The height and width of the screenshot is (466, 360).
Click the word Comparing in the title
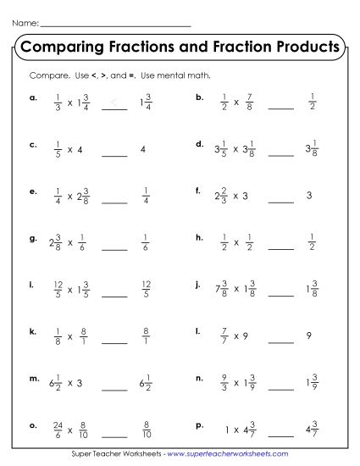coord(63,45)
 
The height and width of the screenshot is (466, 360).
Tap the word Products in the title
coord(301,45)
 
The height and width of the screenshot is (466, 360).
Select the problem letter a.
coord(32,97)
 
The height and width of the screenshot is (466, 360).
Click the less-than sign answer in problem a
coord(114,103)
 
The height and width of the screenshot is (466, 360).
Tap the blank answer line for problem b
coord(280,108)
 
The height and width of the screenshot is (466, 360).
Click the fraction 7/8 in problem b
coord(248,102)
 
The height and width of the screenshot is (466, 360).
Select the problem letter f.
coord(197,191)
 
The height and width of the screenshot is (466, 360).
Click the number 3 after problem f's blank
coord(310,196)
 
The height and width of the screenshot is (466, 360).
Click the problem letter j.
coord(197,285)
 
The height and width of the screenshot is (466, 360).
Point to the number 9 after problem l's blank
coord(310,336)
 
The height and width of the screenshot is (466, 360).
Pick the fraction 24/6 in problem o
coord(58,429)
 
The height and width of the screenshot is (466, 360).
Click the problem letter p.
coord(198,424)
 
